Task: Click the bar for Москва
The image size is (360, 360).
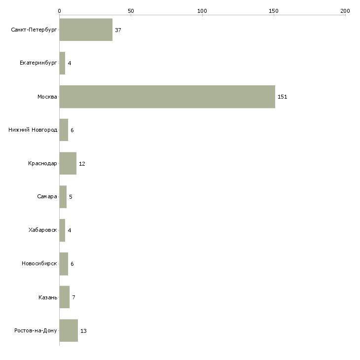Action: tap(167, 97)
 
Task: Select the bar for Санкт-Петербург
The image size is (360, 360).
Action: tap(86, 30)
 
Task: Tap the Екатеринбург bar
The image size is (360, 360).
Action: tap(63, 63)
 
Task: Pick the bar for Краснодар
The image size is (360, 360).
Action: tap(68, 163)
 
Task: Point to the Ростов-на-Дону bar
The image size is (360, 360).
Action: tap(69, 330)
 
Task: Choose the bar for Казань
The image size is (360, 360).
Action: tap(65, 297)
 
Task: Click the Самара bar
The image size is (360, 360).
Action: tap(63, 197)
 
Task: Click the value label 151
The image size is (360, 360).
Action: tap(283, 97)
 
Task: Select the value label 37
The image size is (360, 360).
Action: tap(118, 30)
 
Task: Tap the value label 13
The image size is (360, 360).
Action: tap(83, 331)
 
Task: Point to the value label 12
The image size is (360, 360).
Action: tap(82, 164)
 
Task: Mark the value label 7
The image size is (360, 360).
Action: tap(73, 297)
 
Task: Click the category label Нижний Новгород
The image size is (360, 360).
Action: tap(33, 130)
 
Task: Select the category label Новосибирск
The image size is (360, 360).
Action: tap(39, 263)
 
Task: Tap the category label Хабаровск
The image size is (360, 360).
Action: tap(43, 230)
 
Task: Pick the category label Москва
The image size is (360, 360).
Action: tap(47, 97)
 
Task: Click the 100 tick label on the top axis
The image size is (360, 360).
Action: tap(202, 11)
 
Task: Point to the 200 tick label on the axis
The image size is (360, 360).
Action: tap(345, 11)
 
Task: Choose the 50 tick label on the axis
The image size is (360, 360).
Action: tap(131, 11)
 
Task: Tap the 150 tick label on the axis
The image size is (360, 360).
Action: tap(274, 11)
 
